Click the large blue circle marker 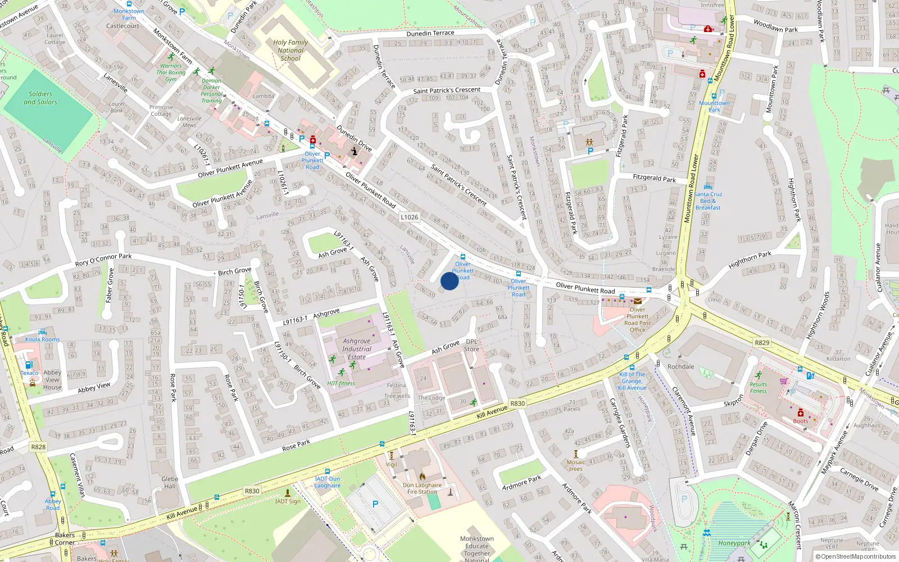(x=449, y=281)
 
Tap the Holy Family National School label (x=290, y=50)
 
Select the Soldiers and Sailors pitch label (x=40, y=98)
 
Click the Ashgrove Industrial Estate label (x=356, y=349)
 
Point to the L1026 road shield (x=409, y=217)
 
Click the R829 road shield (x=762, y=343)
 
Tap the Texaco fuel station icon (x=29, y=365)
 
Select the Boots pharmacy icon (x=801, y=413)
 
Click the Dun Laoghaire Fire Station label (x=422, y=488)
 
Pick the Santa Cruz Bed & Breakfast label (x=708, y=201)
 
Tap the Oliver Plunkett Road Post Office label (x=637, y=319)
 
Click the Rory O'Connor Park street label (x=103, y=260)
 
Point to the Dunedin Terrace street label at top (x=430, y=34)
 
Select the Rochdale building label (x=680, y=366)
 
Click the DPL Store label (x=471, y=345)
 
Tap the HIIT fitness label (x=341, y=384)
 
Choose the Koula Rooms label (x=42, y=339)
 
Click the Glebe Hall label (x=170, y=483)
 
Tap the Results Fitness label (x=758, y=388)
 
